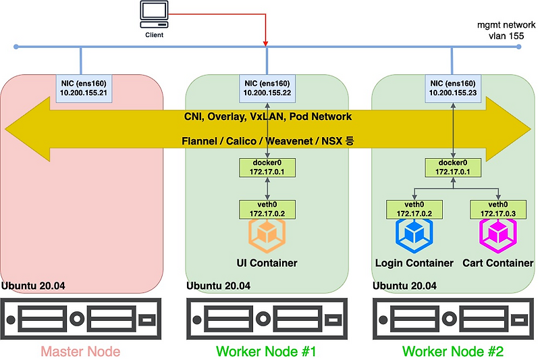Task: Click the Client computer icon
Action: (154, 14)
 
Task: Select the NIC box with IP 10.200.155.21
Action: (81, 88)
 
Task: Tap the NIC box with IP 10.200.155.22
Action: (267, 88)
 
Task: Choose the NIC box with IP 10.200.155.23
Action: (452, 88)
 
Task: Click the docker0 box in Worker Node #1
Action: (267, 168)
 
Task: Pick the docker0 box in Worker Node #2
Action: (452, 168)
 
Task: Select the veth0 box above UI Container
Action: (267, 209)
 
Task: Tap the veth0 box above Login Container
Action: (413, 209)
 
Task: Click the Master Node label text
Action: (80, 351)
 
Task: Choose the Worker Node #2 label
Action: (452, 351)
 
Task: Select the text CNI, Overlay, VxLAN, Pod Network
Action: (268, 117)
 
